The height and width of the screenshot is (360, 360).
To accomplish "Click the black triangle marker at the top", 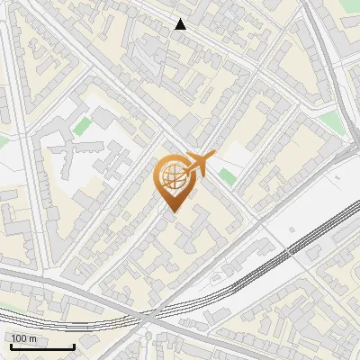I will pos(181,25).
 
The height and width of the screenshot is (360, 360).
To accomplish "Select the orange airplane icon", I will pos(200,164).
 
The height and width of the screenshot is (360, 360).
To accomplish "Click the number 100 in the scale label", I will pos(19,338).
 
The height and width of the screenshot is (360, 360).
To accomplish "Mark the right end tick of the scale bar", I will pos(74,346).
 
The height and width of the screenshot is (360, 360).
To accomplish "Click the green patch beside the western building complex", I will pos(84,126).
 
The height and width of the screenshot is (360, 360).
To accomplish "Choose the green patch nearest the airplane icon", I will pos(227,175).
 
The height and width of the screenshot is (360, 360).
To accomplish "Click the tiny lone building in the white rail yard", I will pos(293,229).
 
